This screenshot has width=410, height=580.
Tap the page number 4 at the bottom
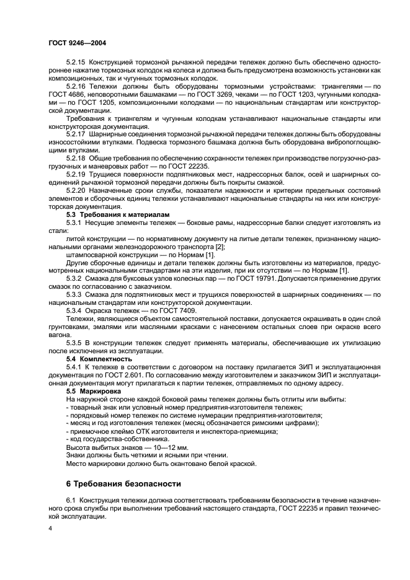coord(51,529)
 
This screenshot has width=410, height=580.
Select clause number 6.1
coord(70,499)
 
